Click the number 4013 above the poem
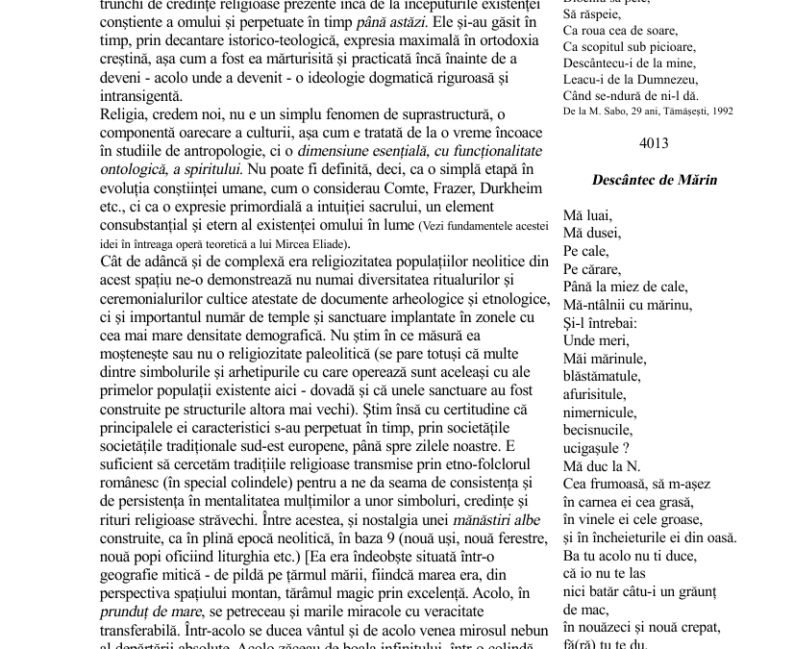coord(653,143)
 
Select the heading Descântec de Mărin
coord(654,180)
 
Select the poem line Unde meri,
coord(596,340)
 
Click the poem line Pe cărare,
coord(592,269)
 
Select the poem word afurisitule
coord(595,394)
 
